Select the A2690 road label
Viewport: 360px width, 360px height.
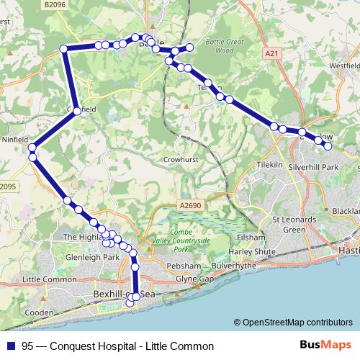tap(191, 204)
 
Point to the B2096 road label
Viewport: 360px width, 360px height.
tap(54, 4)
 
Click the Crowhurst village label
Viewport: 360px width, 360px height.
tap(180, 159)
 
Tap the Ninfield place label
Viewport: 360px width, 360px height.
tap(14, 139)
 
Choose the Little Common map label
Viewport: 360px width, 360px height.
tap(49, 279)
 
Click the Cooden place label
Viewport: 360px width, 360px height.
tap(38, 312)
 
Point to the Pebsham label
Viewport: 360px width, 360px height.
tap(162, 266)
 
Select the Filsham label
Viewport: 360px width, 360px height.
tap(251, 236)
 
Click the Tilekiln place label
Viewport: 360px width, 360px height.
tap(271, 164)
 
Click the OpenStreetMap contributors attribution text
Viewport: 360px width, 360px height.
tap(295, 323)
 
